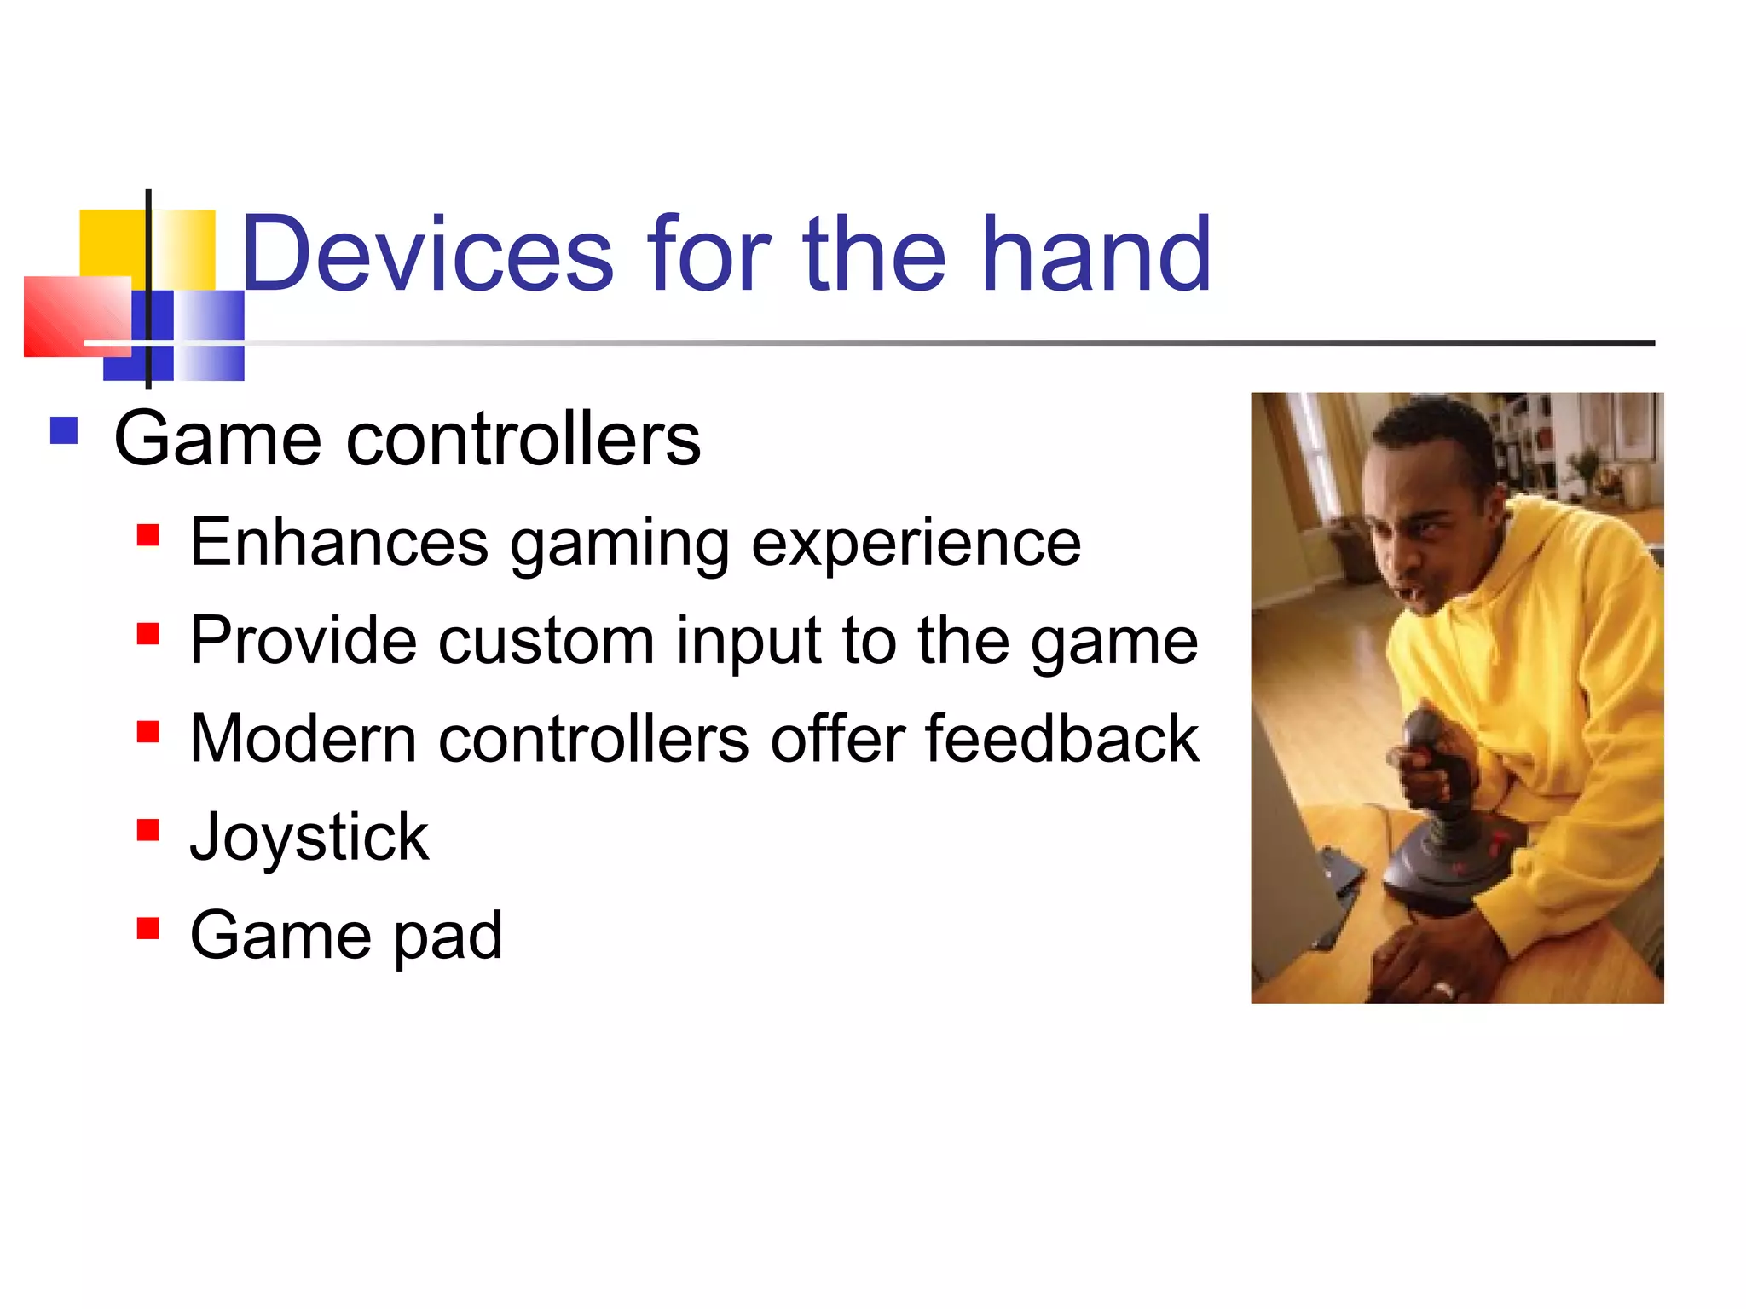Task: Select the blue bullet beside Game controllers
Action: coord(64,430)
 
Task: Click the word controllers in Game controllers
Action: coord(523,440)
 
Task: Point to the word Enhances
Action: coord(339,543)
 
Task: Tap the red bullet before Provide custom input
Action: coord(148,634)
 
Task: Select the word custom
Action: coord(546,642)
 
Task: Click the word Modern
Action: coord(303,739)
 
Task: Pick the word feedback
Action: coord(1062,739)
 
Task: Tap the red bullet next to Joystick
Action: coord(148,830)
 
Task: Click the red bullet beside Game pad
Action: coord(148,928)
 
